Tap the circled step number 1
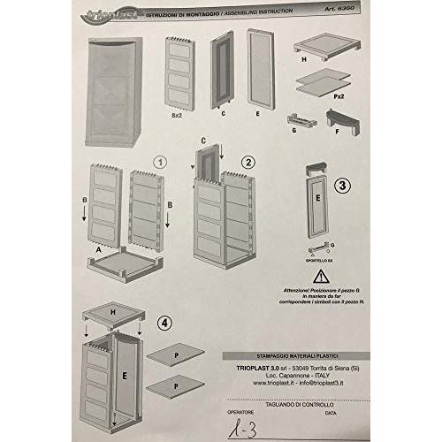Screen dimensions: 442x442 [x=160, y=162]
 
